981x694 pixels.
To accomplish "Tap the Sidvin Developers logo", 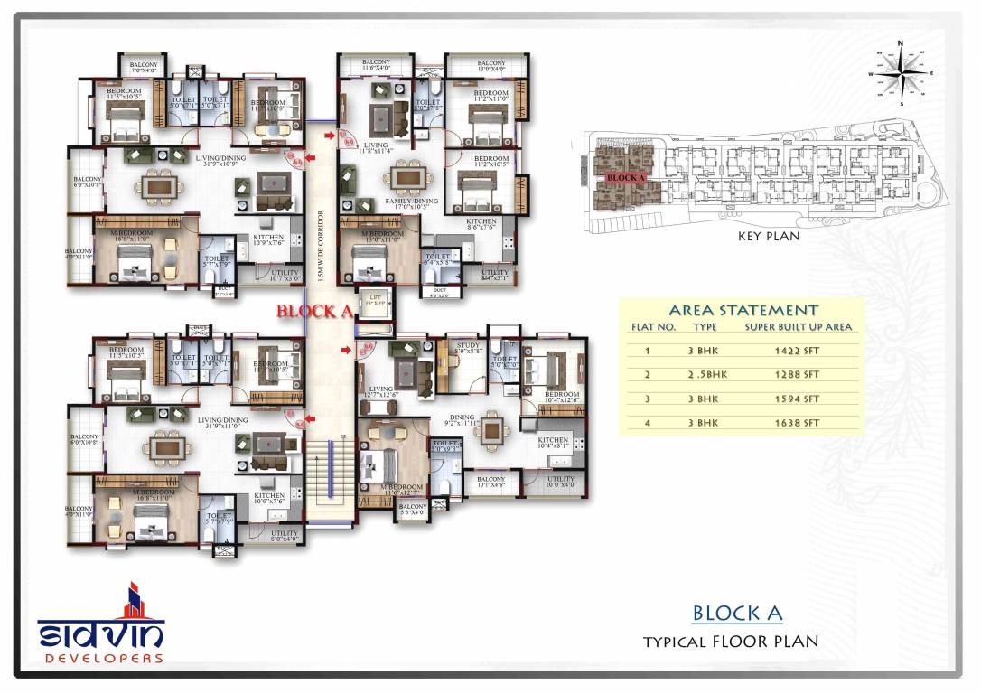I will click(x=100, y=624).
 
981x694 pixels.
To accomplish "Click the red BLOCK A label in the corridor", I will click(x=313, y=311).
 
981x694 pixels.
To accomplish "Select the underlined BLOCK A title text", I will click(x=737, y=613).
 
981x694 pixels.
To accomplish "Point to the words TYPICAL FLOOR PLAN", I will click(x=730, y=642).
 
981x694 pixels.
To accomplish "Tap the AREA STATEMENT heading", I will click(x=743, y=310).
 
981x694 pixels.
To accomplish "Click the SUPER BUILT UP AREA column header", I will click(x=798, y=327).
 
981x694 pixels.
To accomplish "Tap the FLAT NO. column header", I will click(x=652, y=327).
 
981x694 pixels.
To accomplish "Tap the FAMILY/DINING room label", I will click(x=411, y=202).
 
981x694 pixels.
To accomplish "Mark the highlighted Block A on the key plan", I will click(x=622, y=176).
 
